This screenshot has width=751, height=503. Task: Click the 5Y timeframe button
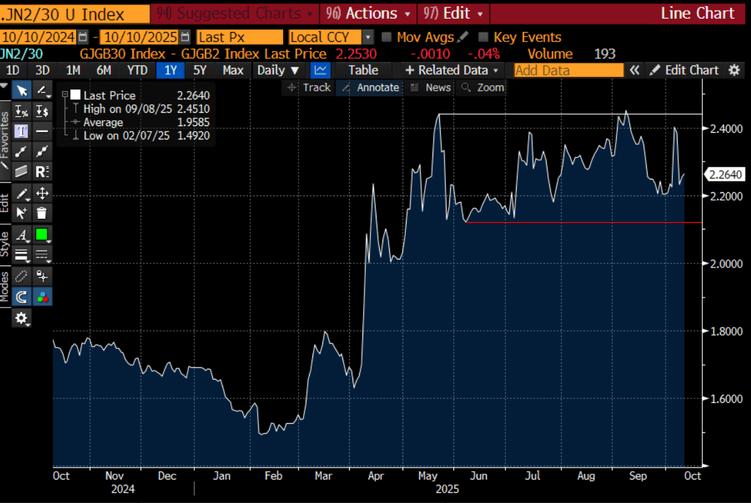(x=200, y=70)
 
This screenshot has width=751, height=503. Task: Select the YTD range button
(x=138, y=70)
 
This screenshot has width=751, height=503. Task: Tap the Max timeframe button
(x=233, y=70)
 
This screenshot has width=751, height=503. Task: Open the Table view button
(x=363, y=70)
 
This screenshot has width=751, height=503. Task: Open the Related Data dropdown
(x=452, y=70)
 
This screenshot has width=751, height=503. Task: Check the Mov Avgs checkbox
(x=387, y=37)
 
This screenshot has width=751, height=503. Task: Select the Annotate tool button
(x=370, y=87)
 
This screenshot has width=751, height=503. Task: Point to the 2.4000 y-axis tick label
(x=726, y=128)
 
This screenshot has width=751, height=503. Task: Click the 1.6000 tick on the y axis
(x=726, y=399)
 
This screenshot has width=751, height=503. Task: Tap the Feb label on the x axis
(x=273, y=476)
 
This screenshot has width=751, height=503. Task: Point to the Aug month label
(x=585, y=476)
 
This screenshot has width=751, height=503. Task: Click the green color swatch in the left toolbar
(x=41, y=235)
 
